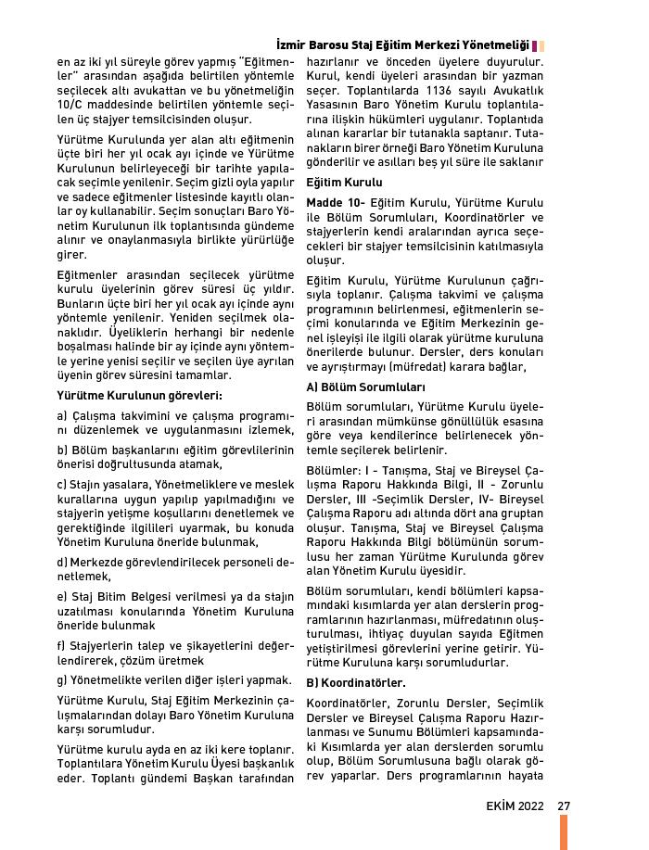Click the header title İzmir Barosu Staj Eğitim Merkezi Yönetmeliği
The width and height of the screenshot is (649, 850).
[403, 44]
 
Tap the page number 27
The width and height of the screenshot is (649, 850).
[563, 805]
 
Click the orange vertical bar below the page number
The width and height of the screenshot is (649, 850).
[563, 831]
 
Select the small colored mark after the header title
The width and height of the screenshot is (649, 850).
[540, 44]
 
